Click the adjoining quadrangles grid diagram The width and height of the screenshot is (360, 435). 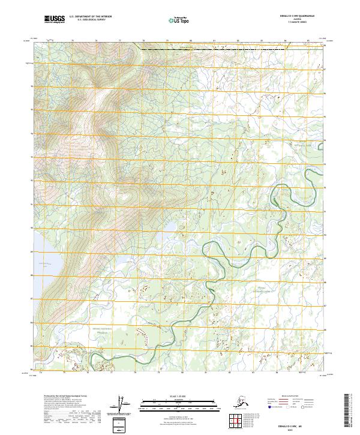pos(237,421)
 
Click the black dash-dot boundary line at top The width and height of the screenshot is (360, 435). pos(174,48)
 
